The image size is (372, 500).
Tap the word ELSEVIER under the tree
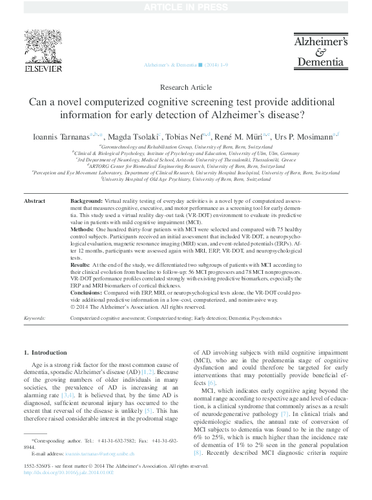(x=44, y=68)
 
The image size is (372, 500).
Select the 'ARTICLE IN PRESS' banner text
(x=185, y=7)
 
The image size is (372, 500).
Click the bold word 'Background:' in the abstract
(x=86, y=201)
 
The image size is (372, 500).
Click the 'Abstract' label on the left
(x=34, y=201)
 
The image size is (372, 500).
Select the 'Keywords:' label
(x=34, y=318)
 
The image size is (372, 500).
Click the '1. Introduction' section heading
(x=45, y=353)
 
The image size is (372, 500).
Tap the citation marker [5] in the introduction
(x=148, y=410)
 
